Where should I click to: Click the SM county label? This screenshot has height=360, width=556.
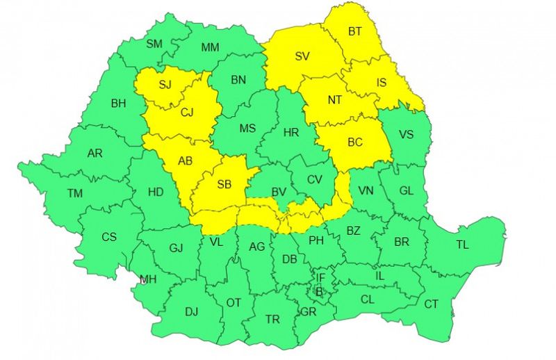click(154, 44)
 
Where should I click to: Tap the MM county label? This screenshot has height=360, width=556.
click(210, 47)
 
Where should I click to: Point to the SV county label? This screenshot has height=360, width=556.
click(302, 57)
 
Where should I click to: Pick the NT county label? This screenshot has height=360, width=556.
click(335, 100)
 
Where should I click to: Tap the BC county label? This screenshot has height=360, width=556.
click(354, 143)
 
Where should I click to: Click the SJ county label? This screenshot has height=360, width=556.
click(165, 85)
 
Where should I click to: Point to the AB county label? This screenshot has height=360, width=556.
click(185, 161)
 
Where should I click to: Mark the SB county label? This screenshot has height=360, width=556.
click(224, 185)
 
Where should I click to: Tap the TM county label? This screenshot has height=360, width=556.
click(74, 193)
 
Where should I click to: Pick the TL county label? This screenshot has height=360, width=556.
click(462, 245)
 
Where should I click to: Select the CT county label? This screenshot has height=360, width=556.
click(431, 304)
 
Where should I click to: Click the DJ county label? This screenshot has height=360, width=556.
click(191, 311)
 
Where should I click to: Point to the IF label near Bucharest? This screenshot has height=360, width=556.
click(320, 278)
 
